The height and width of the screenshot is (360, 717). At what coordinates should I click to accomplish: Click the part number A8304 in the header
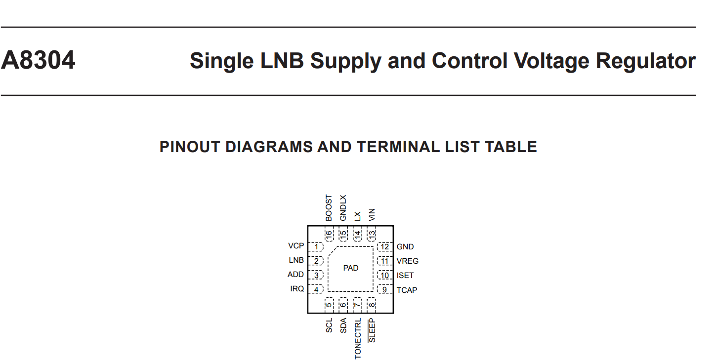[38, 60]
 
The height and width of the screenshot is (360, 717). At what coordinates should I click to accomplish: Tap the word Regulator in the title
[646, 61]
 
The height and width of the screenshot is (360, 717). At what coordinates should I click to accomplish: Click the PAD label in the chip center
[350, 268]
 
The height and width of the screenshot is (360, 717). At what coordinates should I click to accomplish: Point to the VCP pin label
[296, 246]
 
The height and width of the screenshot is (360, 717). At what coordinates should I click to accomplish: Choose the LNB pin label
[296, 260]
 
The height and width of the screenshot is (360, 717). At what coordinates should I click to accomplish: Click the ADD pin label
[295, 275]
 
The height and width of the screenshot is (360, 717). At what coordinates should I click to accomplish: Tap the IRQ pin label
[297, 288]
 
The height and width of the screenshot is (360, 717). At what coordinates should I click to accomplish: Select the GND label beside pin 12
[405, 247]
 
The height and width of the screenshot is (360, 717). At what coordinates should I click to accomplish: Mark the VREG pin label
[408, 261]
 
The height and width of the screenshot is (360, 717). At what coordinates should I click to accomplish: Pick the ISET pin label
[405, 276]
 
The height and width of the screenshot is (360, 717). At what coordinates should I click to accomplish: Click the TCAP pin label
[407, 290]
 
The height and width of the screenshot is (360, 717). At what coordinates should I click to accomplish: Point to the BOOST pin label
[329, 208]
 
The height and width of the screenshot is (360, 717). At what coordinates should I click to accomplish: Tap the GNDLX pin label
[343, 208]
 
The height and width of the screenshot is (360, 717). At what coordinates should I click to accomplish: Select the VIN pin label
[372, 214]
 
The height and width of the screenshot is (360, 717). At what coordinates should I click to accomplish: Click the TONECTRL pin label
[358, 338]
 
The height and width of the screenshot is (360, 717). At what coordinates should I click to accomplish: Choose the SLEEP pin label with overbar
[372, 330]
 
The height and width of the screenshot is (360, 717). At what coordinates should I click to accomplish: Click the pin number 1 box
[316, 247]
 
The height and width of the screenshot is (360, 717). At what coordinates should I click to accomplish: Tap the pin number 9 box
[385, 289]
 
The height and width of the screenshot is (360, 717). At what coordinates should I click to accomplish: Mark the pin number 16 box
[329, 234]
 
